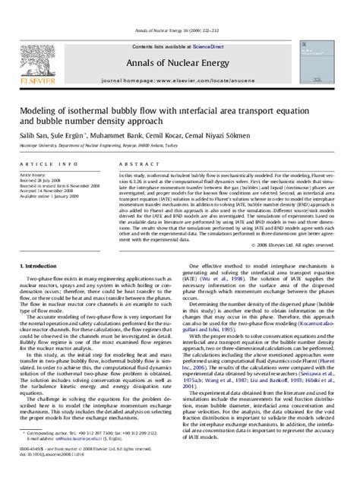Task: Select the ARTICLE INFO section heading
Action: [x=50, y=143]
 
